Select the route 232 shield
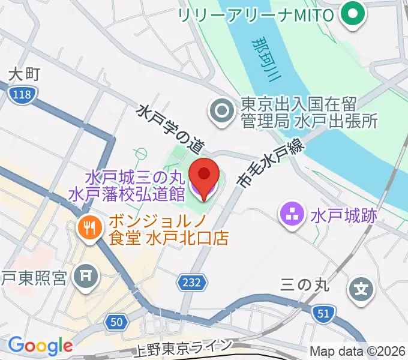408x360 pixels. pos(192,281)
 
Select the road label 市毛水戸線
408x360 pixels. pos(271,161)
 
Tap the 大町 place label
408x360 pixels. pos(25,74)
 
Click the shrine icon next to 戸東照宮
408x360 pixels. pos(82,277)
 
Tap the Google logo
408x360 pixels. pos(40,346)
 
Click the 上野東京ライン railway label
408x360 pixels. pos(182,346)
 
